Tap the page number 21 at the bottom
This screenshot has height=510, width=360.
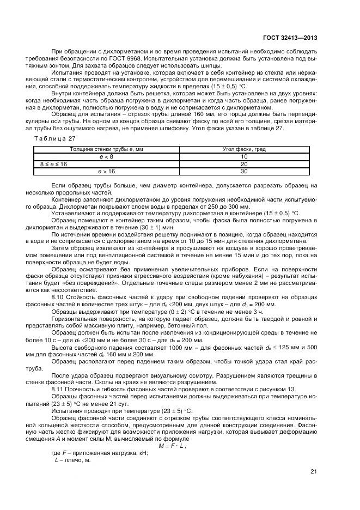point(313,471)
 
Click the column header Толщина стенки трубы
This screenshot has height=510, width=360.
point(106,149)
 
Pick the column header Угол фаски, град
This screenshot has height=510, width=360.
point(243,149)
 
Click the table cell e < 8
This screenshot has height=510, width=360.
point(106,156)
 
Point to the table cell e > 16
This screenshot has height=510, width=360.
point(106,171)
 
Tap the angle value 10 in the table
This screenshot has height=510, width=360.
point(243,156)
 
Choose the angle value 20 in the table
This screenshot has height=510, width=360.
point(243,163)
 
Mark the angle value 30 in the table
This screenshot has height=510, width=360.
point(243,171)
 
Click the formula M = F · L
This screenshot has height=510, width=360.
point(173,446)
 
